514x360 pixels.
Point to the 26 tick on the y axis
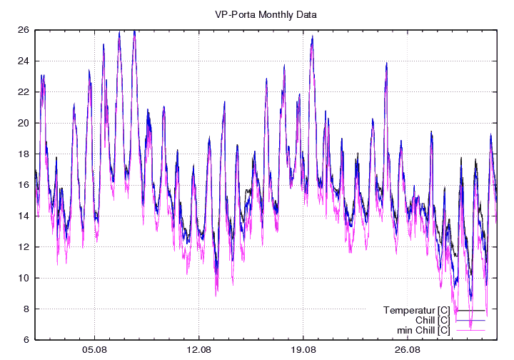(24, 30)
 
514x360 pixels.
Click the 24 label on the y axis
(24, 61)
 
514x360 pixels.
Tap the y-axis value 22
(24, 92)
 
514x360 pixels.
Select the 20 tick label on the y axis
(24, 123)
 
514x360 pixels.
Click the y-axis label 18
(24, 154)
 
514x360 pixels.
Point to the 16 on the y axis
(24, 185)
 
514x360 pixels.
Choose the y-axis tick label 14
(24, 216)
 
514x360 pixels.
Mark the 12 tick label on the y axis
(24, 247)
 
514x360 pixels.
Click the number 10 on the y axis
(24, 278)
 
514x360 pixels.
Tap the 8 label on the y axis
(26, 309)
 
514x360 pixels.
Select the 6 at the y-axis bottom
(26, 340)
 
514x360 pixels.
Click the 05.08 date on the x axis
(94, 351)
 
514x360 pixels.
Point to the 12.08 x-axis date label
(198, 351)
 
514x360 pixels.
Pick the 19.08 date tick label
(303, 351)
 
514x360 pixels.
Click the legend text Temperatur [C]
(416, 311)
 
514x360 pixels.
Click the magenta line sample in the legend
(470, 331)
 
